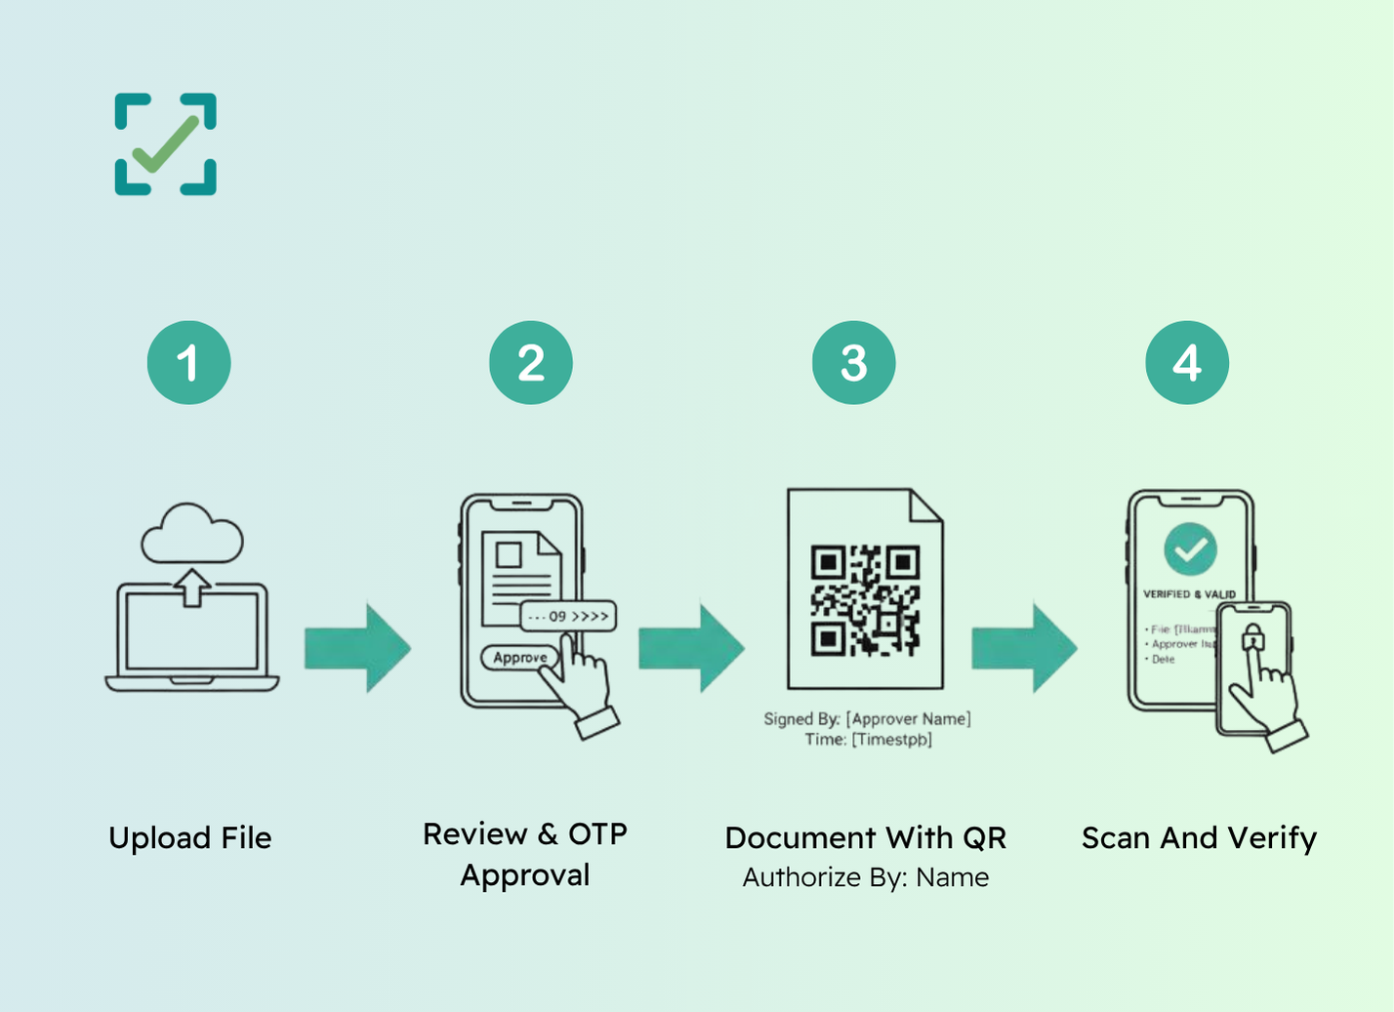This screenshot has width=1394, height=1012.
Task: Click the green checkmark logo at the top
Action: pos(166,144)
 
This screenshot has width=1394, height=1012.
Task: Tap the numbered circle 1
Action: pos(188,363)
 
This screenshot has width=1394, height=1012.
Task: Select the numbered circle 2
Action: pos(531,363)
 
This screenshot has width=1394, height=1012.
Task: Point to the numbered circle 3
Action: pos(854,363)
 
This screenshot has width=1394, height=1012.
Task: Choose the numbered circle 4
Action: pos(1187,363)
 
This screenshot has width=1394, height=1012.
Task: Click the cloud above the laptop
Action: pos(192,534)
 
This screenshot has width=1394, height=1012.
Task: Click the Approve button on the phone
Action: pos(519,658)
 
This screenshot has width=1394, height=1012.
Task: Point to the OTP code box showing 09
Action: pos(568,616)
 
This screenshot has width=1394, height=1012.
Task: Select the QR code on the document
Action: pos(865,599)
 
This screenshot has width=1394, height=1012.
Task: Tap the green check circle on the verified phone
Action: pos(1190,549)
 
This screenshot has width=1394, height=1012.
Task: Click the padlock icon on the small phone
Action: pos(1252,638)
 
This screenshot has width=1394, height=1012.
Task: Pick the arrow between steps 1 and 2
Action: pos(357,648)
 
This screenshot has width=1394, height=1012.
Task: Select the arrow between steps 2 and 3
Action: pos(691,648)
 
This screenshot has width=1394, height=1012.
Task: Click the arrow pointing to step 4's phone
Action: pos(1024,648)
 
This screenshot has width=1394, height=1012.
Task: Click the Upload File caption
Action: pos(190,837)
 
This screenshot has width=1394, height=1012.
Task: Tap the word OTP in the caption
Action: pos(597,834)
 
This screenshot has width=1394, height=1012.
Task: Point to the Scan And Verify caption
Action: pos(1199,837)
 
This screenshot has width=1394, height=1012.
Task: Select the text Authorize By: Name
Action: pos(866,877)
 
